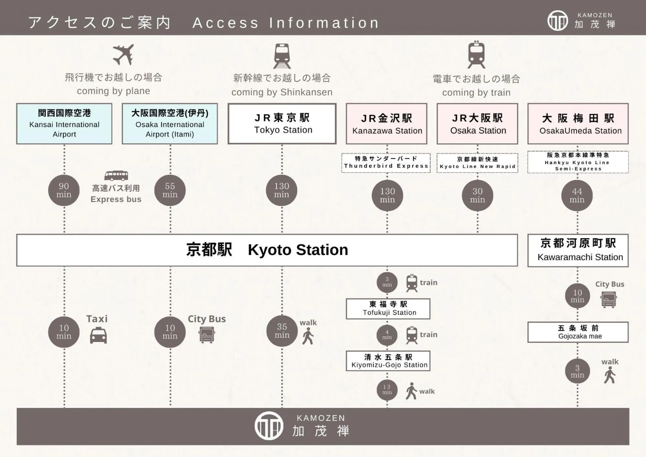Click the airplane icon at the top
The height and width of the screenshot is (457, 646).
pyautogui.click(x=123, y=55)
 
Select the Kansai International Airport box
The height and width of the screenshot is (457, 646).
pyautogui.click(x=64, y=124)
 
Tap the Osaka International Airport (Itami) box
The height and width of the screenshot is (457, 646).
pyautogui.click(x=170, y=124)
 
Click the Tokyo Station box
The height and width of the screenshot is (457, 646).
pyautogui.click(x=282, y=124)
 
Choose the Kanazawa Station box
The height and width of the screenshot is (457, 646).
pyautogui.click(x=387, y=124)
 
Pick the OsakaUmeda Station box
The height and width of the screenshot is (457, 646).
pyautogui.click(x=578, y=124)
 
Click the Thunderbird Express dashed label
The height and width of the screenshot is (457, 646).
pyautogui.click(x=386, y=163)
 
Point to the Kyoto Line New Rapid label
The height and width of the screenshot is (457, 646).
pyautogui.click(x=477, y=163)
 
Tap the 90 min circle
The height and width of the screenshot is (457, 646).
pyautogui.click(x=64, y=190)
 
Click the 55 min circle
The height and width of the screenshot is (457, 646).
pyautogui.click(x=170, y=190)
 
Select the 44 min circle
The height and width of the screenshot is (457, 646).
pyautogui.click(x=577, y=196)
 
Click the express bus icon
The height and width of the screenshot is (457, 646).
pyautogui.click(x=116, y=175)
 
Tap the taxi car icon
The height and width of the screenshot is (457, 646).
pyautogui.click(x=98, y=335)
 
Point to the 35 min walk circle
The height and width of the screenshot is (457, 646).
pyautogui.click(x=282, y=331)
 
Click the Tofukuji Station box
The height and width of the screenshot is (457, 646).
pyautogui.click(x=388, y=309)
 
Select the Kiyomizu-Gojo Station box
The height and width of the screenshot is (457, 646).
pyautogui.click(x=388, y=361)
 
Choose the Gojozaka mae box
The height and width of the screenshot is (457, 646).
pyautogui.click(x=578, y=332)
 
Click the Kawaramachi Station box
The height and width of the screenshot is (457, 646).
pyautogui.click(x=578, y=250)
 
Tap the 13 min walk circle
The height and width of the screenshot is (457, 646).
pyautogui.click(x=387, y=390)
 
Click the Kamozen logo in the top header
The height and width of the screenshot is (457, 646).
pyautogui.click(x=557, y=21)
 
